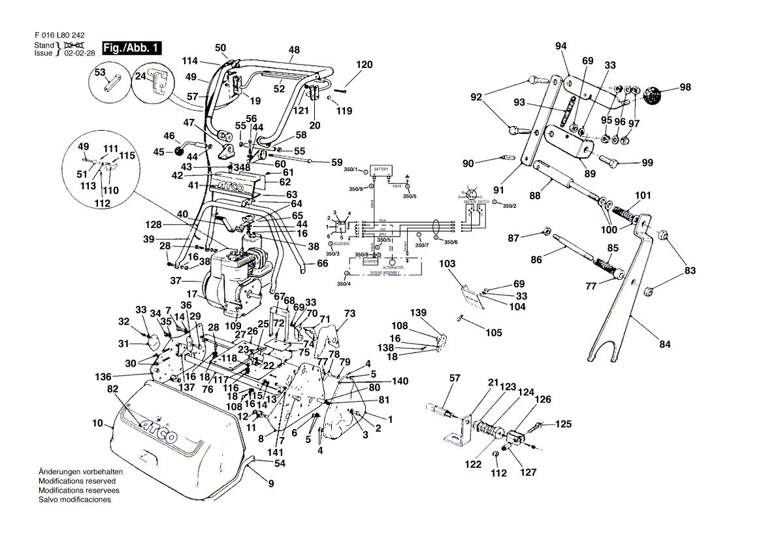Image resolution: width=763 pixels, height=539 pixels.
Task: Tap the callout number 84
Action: (665, 344)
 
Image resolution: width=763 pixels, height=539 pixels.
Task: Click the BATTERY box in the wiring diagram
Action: (381, 169)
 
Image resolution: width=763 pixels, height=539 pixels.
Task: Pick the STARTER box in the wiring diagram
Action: (370, 261)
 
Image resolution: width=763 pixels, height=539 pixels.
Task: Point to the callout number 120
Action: (364, 65)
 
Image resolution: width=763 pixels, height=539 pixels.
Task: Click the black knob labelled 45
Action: (178, 152)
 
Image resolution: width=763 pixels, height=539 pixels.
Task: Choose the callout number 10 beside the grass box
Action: (97, 423)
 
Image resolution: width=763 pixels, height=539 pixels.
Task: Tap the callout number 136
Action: (103, 377)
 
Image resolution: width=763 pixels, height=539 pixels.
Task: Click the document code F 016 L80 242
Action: (59, 35)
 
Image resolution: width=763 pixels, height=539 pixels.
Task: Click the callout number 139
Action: (418, 312)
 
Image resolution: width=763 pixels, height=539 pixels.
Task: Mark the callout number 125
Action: (563, 424)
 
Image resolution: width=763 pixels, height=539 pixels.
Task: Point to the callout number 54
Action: (280, 463)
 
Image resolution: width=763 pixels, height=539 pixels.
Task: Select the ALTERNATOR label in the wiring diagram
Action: (393, 268)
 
